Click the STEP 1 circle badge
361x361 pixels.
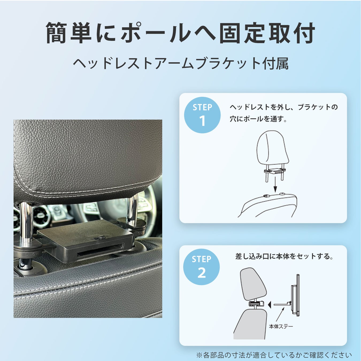[202, 115]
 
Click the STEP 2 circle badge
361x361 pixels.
[202, 267]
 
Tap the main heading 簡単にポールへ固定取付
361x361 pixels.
[180, 33]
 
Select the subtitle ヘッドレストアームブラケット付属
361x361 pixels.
[180, 64]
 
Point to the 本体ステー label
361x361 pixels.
[281, 327]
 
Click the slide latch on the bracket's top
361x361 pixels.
[99, 237]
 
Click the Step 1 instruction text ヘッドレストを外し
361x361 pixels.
[283, 113]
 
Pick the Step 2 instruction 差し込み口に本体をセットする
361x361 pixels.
[285, 256]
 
